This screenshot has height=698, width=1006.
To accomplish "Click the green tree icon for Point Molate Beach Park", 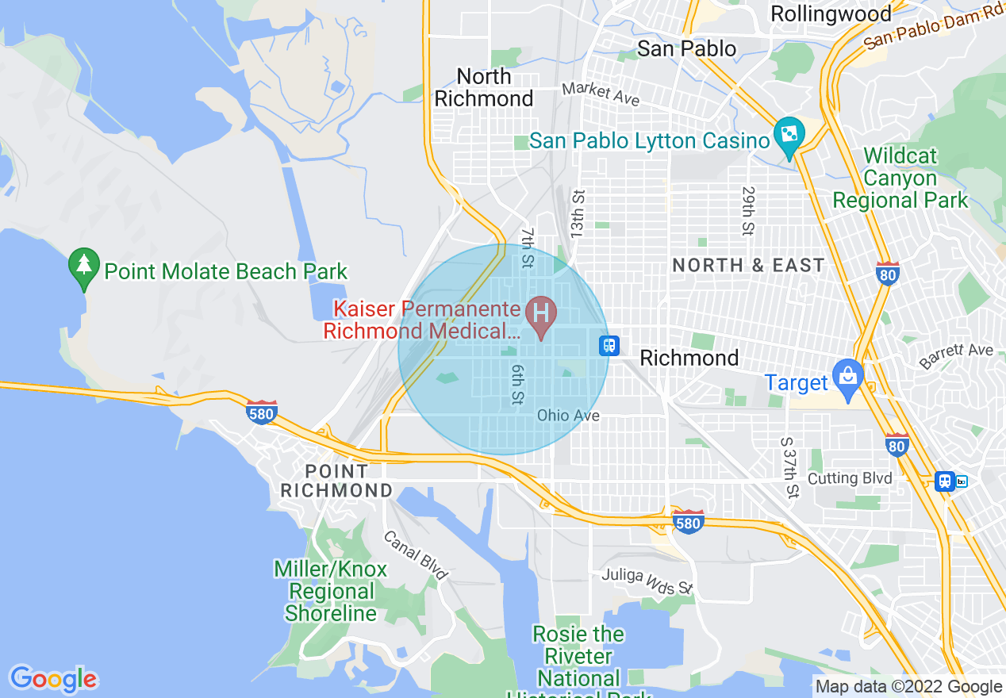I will (x=83, y=267).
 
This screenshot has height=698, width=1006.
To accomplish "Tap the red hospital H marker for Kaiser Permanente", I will (x=542, y=313).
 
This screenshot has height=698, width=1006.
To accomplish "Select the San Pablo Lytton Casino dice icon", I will (x=789, y=136).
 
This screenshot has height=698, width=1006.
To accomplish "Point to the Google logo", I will (x=53, y=679).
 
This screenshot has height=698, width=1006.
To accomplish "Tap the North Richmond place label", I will (x=484, y=87).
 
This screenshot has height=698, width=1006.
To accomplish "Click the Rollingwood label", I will (x=831, y=13).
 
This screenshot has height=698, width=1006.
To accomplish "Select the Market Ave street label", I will (x=601, y=94).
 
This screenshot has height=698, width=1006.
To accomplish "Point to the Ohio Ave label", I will (x=568, y=415).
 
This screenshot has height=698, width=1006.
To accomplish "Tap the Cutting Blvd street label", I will (x=850, y=478).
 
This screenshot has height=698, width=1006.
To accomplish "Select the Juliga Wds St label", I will (x=647, y=581).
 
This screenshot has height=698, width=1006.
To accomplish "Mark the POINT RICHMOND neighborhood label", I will (x=337, y=481).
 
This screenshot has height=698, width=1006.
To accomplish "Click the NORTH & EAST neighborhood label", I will (x=748, y=265).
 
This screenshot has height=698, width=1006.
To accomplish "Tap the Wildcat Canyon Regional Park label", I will (x=900, y=178).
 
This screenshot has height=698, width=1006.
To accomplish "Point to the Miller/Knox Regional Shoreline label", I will (x=331, y=591).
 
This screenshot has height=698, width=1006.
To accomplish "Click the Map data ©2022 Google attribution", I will (x=909, y=687).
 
